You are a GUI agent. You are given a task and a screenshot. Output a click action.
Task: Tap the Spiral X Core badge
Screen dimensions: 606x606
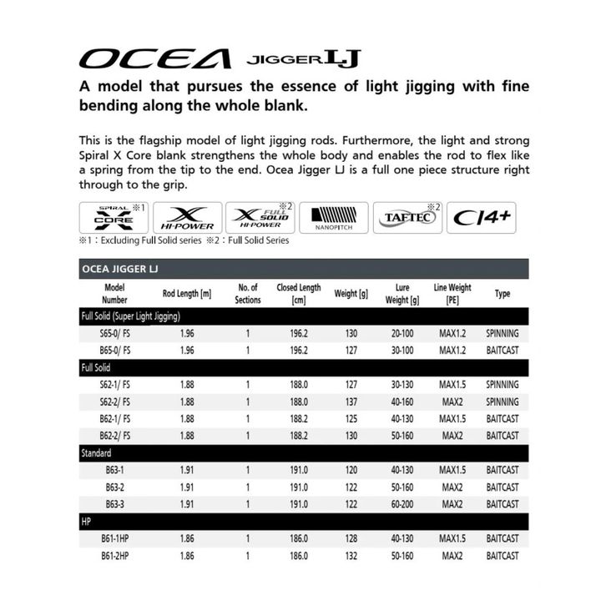[114, 217]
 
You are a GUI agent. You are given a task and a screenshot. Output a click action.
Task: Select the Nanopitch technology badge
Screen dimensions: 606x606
[333, 217]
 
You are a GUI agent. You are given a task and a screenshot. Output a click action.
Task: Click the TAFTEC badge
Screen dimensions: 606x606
[407, 217]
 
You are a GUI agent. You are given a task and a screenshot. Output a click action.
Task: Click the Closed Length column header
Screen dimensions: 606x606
[299, 294]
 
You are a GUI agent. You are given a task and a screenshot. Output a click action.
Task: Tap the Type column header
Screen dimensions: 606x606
[502, 294]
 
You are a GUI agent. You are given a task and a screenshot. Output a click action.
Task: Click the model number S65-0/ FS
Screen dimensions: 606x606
[114, 333]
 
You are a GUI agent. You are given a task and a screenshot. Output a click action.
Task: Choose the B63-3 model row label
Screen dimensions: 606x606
[114, 504]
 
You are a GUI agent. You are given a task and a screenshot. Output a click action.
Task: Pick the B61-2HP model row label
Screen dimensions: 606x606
[114, 555]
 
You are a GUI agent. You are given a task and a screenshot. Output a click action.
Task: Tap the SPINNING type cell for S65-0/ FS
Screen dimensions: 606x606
[502, 333]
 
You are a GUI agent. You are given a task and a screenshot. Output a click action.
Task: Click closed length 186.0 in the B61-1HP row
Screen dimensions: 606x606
[299, 538]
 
